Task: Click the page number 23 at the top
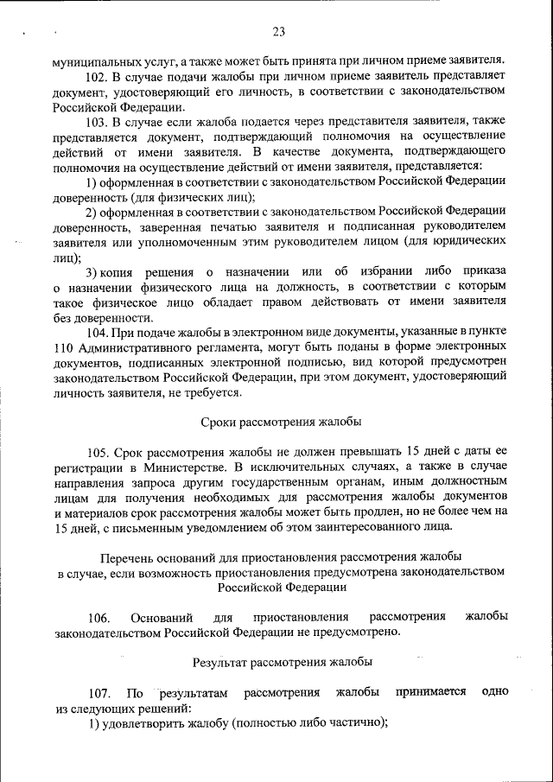pyautogui.click(x=278, y=32)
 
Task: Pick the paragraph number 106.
pyautogui.click(x=99, y=617)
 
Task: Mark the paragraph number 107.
pyautogui.click(x=99, y=693)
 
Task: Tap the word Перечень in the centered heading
pyautogui.click(x=126, y=556)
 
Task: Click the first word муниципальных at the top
pyautogui.click(x=97, y=60)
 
